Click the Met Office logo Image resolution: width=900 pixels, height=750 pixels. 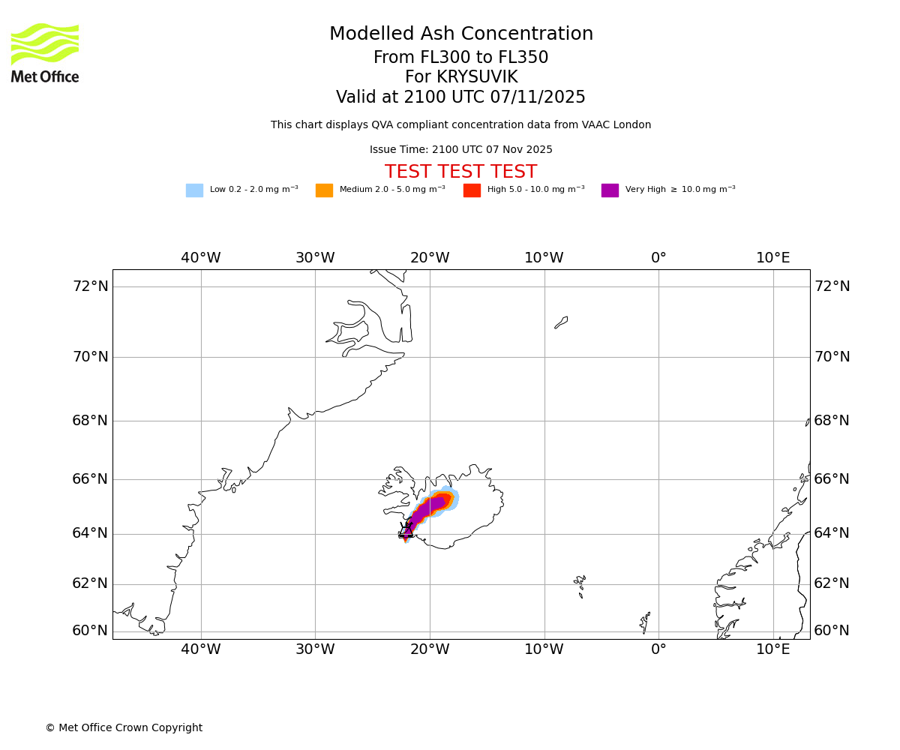click(x=45, y=52)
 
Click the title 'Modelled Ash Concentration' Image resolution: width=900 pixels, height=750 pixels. click(x=460, y=34)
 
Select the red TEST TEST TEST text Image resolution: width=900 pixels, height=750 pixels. click(x=460, y=172)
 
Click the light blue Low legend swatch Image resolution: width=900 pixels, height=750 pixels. click(x=194, y=190)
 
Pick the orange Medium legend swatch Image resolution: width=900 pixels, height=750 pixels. click(x=324, y=190)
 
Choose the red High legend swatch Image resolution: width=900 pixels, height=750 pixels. click(x=472, y=190)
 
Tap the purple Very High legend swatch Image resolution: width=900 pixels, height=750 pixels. click(x=610, y=190)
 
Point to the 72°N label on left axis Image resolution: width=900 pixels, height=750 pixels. click(x=90, y=286)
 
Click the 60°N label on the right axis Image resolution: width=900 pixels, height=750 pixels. click(x=832, y=631)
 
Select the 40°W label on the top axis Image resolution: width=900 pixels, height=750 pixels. click(x=201, y=258)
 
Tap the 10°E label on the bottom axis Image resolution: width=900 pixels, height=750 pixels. click(x=773, y=649)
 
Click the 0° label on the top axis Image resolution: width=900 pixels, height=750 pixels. click(x=658, y=258)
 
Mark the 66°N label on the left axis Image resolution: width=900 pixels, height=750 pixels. click(x=90, y=479)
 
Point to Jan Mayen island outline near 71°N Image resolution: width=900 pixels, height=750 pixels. click(x=561, y=322)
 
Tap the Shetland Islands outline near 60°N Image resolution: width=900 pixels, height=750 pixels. click(x=645, y=621)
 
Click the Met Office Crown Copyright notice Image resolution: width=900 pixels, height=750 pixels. click(x=124, y=728)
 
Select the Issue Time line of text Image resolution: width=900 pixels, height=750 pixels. click(x=460, y=150)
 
